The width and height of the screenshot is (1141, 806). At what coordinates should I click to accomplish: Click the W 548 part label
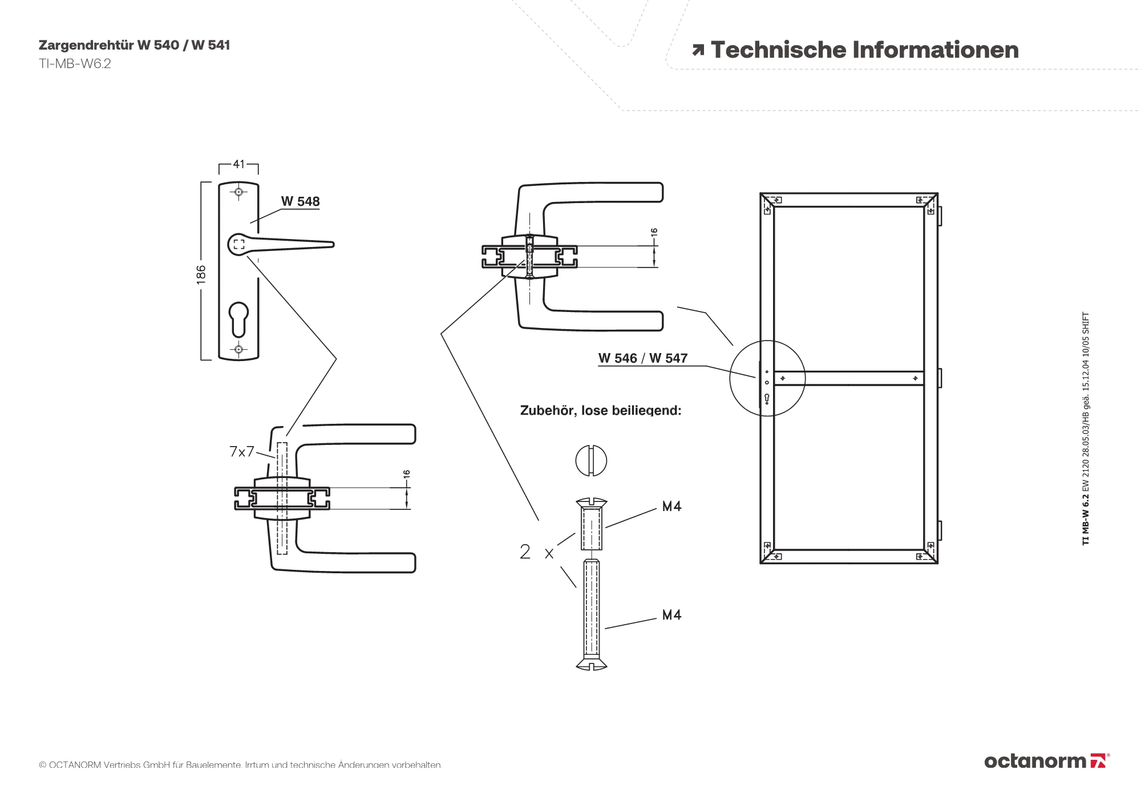click(300, 201)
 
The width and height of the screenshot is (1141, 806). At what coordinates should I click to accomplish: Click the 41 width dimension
click(238, 164)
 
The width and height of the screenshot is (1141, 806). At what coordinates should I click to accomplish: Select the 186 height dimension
click(201, 274)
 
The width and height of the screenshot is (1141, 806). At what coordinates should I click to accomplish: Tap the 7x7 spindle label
click(241, 452)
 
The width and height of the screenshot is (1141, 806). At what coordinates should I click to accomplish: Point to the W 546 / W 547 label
click(642, 358)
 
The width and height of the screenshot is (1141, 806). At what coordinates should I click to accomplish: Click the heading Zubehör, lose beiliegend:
click(600, 411)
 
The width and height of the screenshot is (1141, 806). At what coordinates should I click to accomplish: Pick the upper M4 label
click(671, 507)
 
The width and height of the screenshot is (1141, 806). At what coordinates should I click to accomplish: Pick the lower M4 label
click(671, 615)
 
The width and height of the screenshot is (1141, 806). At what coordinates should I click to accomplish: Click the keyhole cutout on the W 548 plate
click(238, 319)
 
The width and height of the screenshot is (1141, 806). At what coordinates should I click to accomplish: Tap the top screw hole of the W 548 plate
click(238, 192)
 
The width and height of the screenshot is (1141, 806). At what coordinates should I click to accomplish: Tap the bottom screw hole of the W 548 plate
click(238, 349)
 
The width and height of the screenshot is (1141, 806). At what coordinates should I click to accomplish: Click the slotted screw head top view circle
click(591, 460)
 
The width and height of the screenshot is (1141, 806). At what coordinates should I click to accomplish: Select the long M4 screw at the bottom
click(591, 613)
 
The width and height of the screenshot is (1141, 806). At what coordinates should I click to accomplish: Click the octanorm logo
click(1046, 761)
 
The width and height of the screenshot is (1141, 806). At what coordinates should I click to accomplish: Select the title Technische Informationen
click(864, 50)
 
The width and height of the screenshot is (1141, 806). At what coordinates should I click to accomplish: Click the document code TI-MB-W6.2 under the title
click(75, 64)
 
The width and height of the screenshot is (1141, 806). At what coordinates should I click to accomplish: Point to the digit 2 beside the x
click(525, 552)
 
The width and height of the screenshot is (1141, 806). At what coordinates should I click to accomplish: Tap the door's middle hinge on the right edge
click(940, 378)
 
